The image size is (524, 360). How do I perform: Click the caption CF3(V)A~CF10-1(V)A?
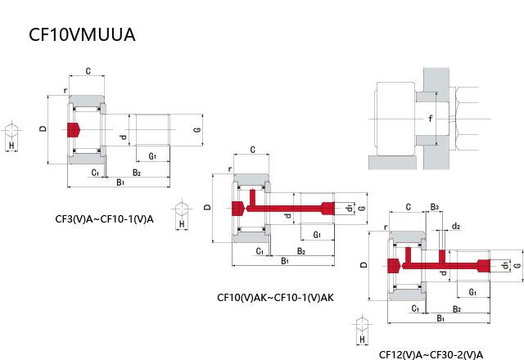tap(104, 218)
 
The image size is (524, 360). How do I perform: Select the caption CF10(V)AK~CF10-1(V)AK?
tap(275, 297)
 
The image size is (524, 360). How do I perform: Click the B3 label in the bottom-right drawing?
tap(435, 207)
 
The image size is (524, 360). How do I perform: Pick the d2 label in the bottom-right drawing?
tap(455, 226)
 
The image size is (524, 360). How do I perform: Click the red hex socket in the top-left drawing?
tap(74, 130)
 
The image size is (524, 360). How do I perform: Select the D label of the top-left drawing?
tap(42, 129)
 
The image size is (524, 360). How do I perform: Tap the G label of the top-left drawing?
tap(196, 130)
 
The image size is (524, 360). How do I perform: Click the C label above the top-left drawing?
tap(88, 71)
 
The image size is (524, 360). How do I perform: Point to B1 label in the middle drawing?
tap(285, 261)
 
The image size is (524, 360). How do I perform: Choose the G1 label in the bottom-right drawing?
tap(472, 292)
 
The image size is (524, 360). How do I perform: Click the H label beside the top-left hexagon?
tap(11, 145)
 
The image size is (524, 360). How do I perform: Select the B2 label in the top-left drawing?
tap(136, 173)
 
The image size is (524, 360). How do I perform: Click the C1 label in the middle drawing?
tap(260, 250)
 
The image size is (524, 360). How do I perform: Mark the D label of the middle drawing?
tap(207, 208)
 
